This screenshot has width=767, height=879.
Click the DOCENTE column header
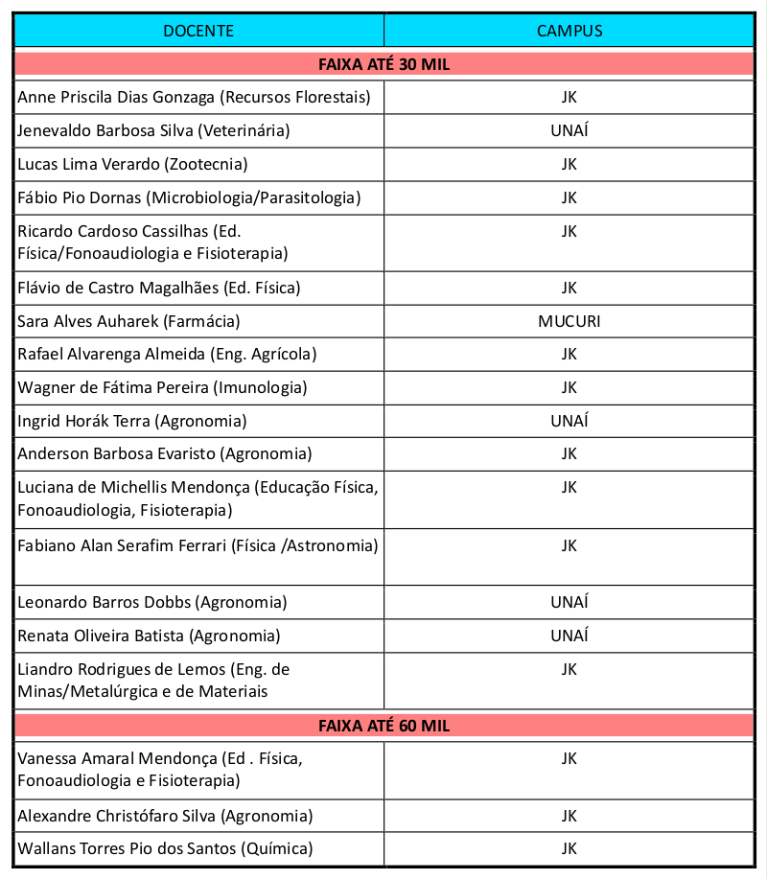198,31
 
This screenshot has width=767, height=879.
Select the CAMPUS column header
569,31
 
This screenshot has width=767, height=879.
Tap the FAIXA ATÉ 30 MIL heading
383,65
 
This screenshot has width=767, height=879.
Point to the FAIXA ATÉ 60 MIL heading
383,726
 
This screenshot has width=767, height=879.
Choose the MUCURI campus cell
569,321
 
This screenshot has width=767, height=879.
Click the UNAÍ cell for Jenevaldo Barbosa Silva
569,130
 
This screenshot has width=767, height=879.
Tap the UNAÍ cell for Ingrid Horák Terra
569,421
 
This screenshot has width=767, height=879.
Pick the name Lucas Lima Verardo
89,164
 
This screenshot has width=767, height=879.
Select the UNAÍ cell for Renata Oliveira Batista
569,636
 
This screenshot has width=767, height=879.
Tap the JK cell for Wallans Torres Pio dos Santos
569,848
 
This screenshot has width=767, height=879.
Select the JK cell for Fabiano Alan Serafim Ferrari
569,545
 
